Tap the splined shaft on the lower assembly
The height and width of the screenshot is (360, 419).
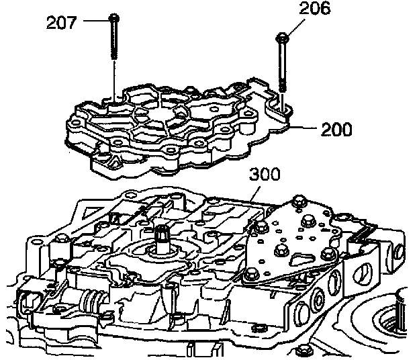(162, 238)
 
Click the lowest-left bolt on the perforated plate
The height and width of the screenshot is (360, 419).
(252, 273)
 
